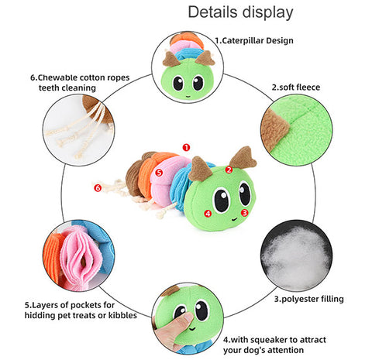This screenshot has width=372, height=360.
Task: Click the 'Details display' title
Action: coord(240,12)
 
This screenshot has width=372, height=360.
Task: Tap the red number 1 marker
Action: coord(186,147)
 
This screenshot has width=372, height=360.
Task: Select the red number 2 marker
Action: coord(229,170)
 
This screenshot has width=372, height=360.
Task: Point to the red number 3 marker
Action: coord(244,213)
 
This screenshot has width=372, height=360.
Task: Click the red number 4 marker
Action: coord(208,214)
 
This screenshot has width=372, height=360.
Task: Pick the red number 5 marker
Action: coord(159,173)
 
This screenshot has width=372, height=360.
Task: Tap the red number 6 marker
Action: coord(98,188)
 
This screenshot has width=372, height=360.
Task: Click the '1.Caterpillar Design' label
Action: coord(254,41)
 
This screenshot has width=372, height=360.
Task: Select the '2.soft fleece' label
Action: coord(296,87)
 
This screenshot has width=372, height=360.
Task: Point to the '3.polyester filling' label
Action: coord(309,299)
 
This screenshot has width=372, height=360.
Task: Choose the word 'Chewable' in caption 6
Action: coord(57,77)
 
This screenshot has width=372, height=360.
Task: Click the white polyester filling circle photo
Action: coord(297,255)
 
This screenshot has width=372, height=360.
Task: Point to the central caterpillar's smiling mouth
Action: coord(235,219)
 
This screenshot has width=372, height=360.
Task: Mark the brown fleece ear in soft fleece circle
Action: coord(274,129)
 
